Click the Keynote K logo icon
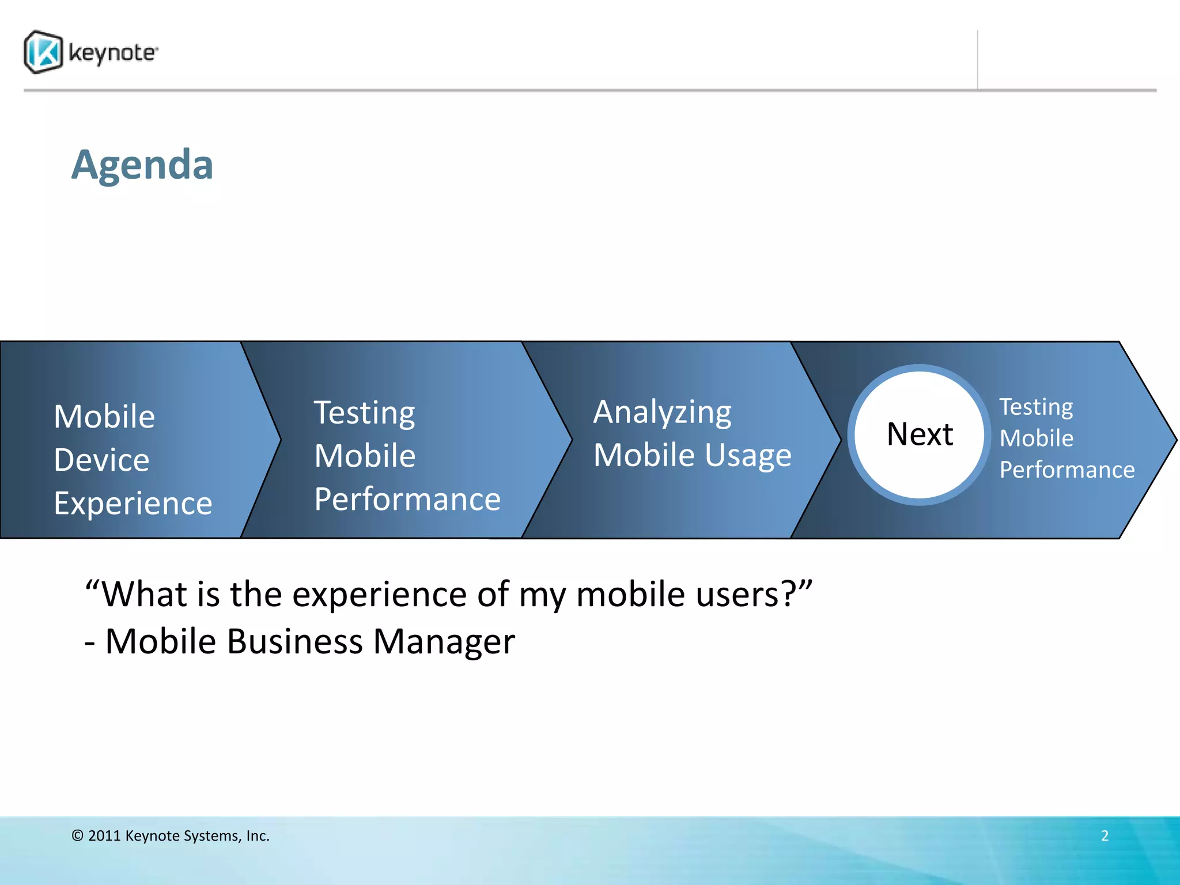click(43, 52)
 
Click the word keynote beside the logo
click(112, 53)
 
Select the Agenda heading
click(142, 165)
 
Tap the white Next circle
click(920, 434)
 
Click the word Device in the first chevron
click(101, 460)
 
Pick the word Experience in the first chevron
click(133, 503)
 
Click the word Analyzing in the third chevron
click(662, 413)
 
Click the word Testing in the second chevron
click(364, 413)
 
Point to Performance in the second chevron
click(407, 499)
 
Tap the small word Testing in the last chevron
click(1035, 407)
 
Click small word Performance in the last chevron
click(1066, 470)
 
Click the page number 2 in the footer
click(1105, 835)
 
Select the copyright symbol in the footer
click(78, 836)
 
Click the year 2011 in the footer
click(104, 836)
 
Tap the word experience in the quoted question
click(379, 595)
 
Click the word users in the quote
click(746, 595)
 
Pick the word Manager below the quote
click(444, 642)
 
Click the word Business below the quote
click(295, 642)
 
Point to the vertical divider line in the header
click(977, 60)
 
